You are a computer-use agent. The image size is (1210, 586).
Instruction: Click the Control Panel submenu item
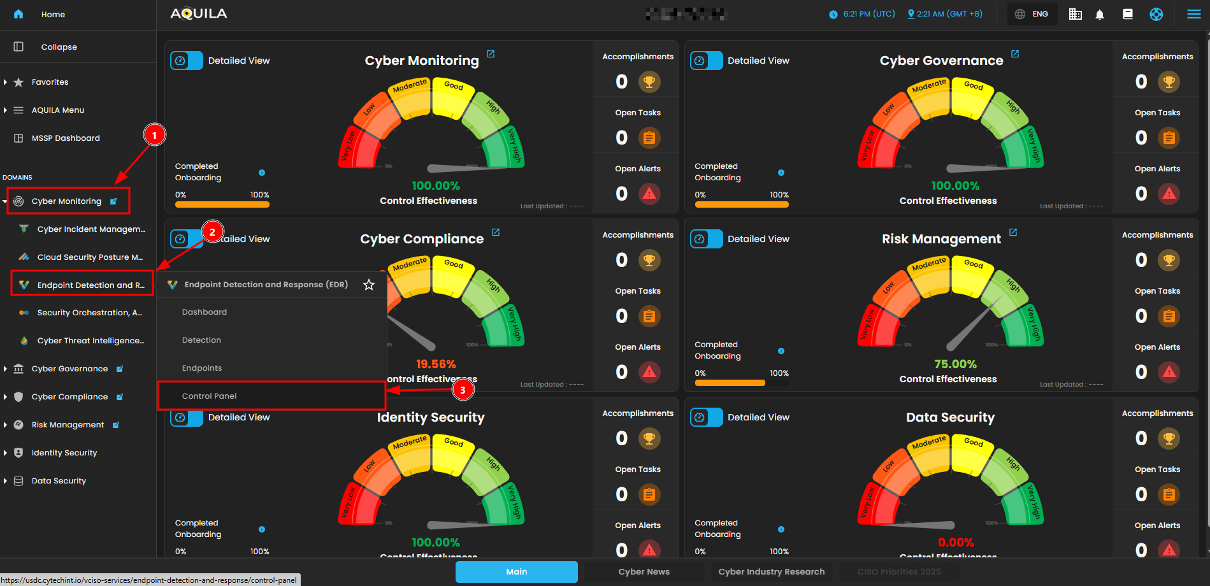(209, 396)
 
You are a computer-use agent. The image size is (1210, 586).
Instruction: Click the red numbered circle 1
(154, 135)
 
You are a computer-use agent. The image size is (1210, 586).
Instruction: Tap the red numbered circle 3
(463, 390)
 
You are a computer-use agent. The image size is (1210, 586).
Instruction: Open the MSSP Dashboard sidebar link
(66, 138)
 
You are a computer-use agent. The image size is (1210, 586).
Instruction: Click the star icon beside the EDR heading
(369, 285)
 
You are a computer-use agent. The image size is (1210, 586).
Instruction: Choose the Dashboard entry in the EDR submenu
(205, 312)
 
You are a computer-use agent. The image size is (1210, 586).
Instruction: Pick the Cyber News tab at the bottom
(644, 572)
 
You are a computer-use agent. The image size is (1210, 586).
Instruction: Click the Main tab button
(516, 572)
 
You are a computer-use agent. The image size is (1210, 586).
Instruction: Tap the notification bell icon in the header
(1100, 14)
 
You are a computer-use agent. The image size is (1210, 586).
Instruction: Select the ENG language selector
(1032, 14)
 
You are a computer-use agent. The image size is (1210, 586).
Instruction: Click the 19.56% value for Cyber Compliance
(436, 364)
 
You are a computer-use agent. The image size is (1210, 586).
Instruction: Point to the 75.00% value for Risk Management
(955, 364)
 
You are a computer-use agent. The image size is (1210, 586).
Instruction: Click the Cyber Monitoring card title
(421, 61)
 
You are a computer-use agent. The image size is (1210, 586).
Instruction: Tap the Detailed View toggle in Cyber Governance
(707, 61)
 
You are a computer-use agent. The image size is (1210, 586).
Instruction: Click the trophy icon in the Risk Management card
(1169, 260)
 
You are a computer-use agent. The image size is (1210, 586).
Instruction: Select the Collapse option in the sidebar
(59, 47)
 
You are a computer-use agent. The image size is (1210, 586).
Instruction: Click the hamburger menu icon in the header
(1194, 14)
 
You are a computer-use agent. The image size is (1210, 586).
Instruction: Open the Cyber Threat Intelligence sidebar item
(90, 341)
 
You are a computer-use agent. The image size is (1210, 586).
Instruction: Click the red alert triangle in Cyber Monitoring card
(649, 194)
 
